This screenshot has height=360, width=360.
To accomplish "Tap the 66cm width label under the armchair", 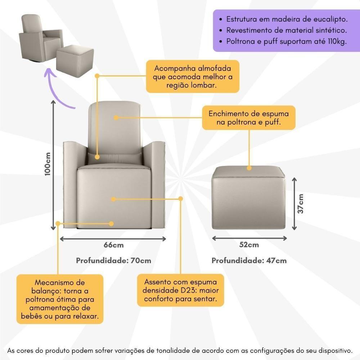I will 113,245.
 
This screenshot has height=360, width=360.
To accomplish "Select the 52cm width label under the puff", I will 249,245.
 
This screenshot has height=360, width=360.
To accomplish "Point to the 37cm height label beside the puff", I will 301,204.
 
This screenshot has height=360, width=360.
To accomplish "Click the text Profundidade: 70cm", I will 113,260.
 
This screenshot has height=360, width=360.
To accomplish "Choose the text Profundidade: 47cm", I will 249,260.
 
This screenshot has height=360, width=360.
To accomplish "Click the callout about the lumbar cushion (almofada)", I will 192,77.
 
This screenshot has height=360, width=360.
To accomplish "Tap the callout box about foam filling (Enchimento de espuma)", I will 248,118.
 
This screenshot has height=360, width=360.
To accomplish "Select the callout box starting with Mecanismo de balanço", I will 60,299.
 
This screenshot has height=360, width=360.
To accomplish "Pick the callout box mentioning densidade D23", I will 180,290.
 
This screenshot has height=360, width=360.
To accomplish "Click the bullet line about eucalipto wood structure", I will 287,19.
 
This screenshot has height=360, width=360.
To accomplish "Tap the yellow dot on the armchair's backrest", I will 116,117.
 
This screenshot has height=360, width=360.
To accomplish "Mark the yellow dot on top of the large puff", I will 249,168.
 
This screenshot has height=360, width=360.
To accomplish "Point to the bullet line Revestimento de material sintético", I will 287,30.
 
